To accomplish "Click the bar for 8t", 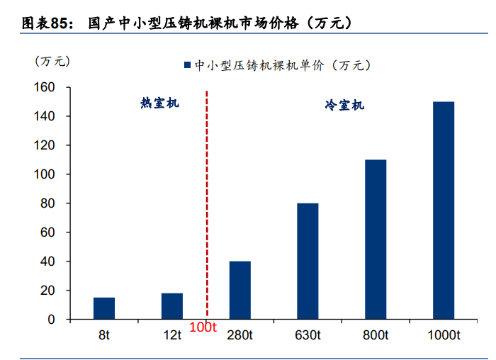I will (x=104, y=308).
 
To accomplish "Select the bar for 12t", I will (x=172, y=306).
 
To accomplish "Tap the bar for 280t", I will (x=239, y=291).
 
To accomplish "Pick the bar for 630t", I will (x=308, y=261).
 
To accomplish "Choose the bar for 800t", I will (x=376, y=240).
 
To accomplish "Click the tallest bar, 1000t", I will (x=444, y=210).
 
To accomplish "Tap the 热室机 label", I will (x=159, y=103).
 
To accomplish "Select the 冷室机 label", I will (x=344, y=106).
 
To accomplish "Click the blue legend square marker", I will (x=187, y=65).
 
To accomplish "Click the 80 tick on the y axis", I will (x=47, y=203).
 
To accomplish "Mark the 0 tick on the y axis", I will (x=51, y=320).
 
